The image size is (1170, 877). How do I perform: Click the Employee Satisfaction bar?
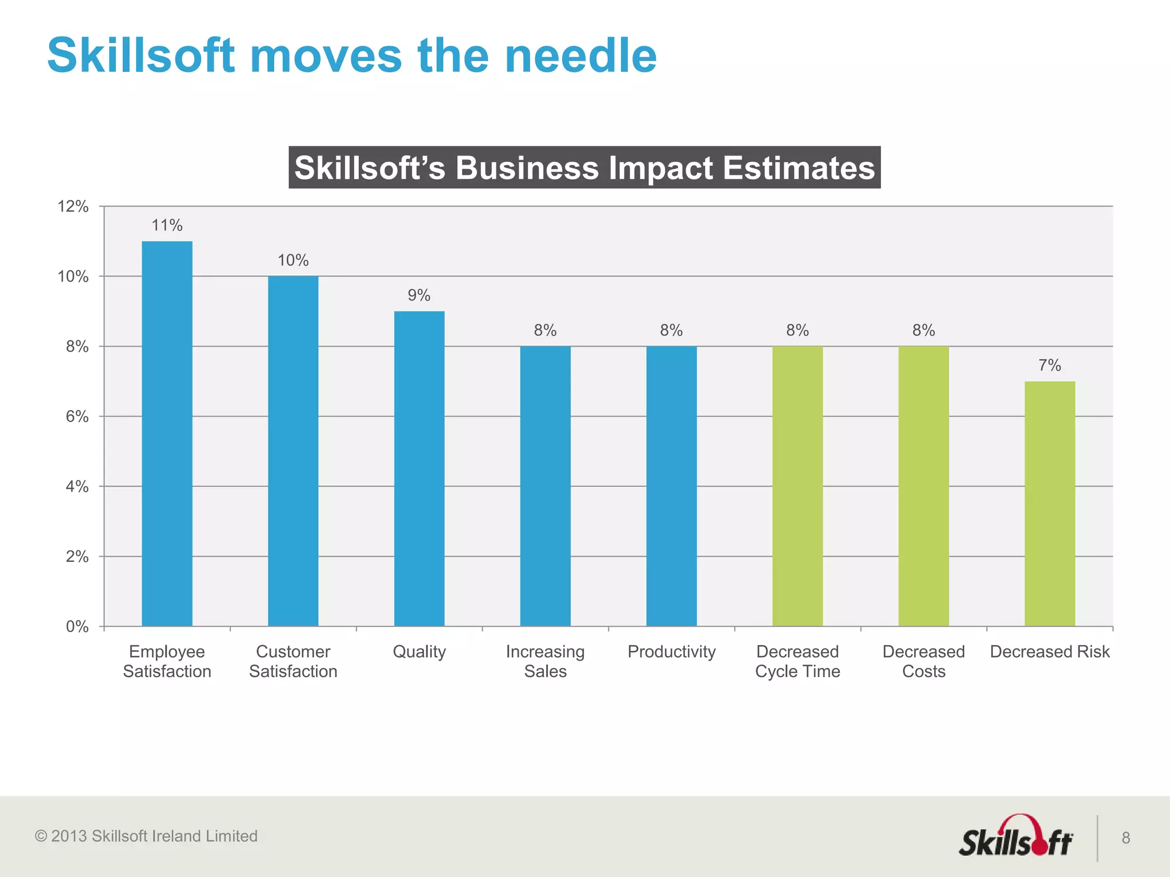point(167,434)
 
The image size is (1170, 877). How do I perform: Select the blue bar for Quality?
point(419,468)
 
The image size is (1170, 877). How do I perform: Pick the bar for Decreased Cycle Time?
point(798,485)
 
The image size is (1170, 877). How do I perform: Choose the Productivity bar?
point(671,485)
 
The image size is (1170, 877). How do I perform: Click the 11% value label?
point(167,226)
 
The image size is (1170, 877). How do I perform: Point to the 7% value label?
point(1049,365)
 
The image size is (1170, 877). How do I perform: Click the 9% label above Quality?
point(419,295)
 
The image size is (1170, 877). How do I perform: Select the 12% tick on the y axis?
point(73,207)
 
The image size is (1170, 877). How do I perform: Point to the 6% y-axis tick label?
point(77,417)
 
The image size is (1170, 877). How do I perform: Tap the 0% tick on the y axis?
point(77,627)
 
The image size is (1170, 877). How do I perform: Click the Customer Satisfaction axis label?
point(293,661)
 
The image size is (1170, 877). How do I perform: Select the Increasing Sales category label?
point(545,661)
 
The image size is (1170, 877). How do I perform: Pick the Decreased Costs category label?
point(923,661)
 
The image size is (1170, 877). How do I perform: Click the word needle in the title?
point(580,56)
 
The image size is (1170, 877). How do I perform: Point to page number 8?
point(1125,838)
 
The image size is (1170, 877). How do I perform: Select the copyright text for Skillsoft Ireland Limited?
point(146,836)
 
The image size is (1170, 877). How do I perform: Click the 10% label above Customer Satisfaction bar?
point(293,260)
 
